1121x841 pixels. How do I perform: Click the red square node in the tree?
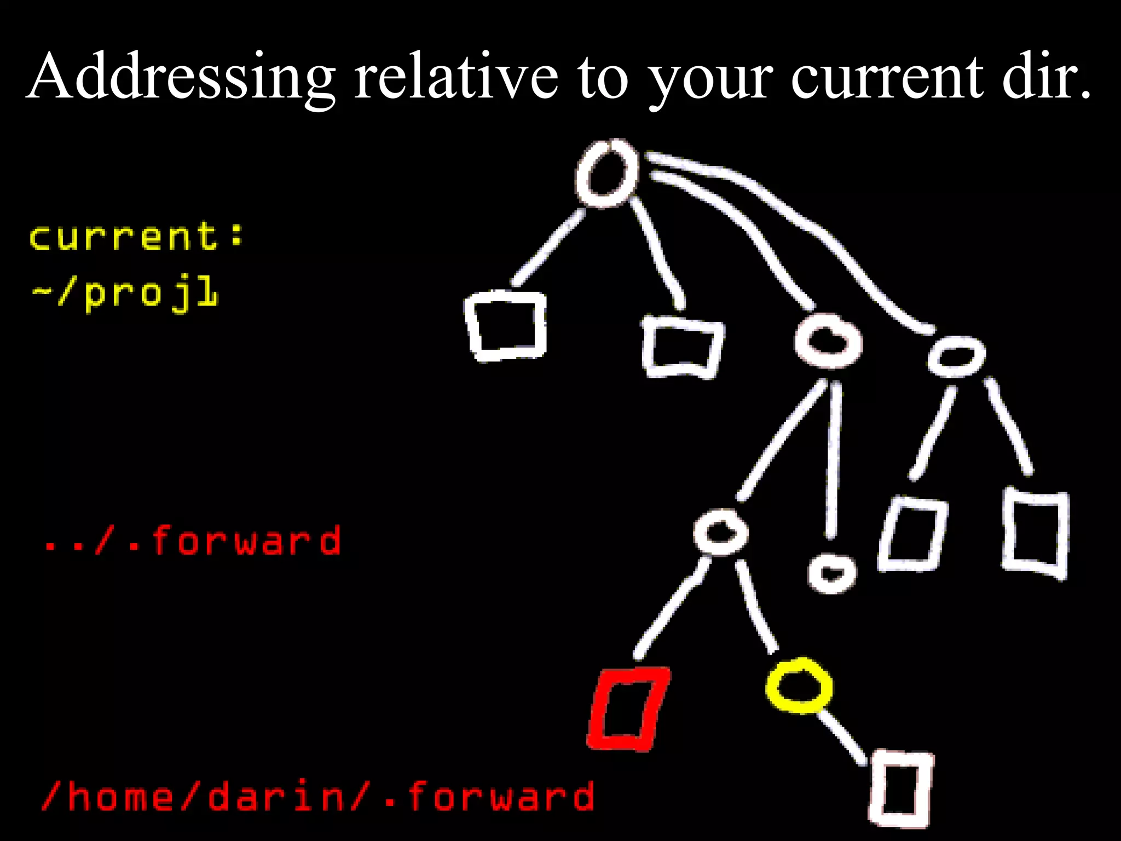tap(628, 708)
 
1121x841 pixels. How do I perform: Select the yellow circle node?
tap(799, 686)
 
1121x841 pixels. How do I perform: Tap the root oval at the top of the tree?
tap(606, 173)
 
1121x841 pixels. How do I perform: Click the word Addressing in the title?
tap(181, 77)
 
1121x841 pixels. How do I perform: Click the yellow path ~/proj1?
tap(125, 293)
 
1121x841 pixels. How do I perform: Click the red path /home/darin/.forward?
tap(317, 796)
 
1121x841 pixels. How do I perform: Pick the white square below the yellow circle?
tap(901, 788)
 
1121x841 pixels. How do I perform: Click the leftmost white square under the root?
tap(506, 326)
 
